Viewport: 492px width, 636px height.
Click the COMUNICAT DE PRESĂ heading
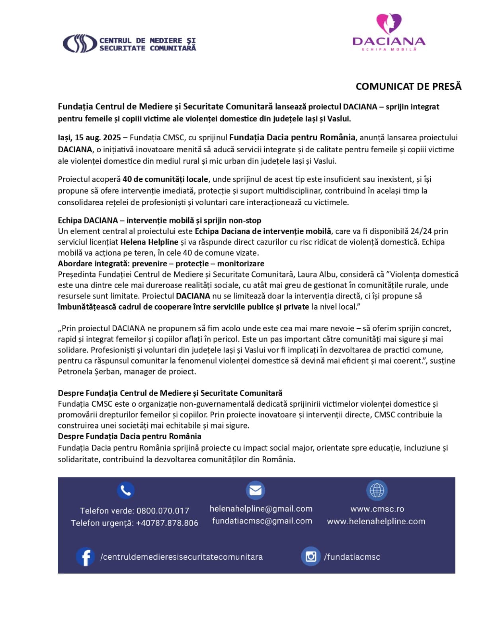408,87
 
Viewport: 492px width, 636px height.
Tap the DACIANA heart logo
389,23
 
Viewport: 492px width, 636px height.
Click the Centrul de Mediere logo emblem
79,44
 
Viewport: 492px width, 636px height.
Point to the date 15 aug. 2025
98,138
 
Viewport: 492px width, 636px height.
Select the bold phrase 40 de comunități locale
165,179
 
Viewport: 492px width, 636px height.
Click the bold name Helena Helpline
149,242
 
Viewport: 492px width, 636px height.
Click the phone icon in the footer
126,491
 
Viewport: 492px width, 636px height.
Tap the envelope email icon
255,491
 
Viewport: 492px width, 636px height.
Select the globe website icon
377,491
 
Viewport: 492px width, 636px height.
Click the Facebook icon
85,557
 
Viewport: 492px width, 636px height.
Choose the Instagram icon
310,556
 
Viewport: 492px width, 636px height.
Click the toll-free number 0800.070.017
163,511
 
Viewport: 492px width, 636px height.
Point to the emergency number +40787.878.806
167,523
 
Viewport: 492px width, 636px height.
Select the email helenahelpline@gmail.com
261,509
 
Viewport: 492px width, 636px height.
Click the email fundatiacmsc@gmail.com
262,521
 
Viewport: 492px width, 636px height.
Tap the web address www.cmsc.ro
377,509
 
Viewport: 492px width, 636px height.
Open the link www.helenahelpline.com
376,522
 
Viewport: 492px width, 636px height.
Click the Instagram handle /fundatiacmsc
352,557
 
